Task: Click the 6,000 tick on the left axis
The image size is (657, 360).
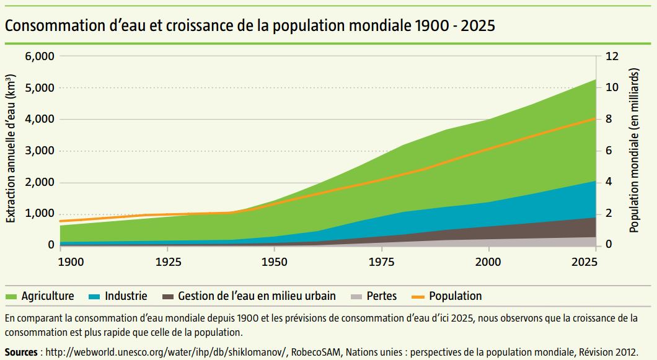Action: click(x=40, y=56)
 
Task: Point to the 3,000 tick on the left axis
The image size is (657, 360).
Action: click(x=40, y=151)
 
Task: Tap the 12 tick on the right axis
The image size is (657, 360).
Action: click(x=612, y=56)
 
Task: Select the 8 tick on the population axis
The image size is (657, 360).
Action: click(x=609, y=119)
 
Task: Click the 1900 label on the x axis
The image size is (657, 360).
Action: click(x=71, y=262)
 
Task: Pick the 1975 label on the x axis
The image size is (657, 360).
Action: click(x=382, y=262)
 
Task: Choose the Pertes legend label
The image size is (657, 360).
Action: click(x=382, y=296)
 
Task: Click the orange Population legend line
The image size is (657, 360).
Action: click(x=418, y=296)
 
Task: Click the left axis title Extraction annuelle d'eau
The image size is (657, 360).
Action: click(x=11, y=149)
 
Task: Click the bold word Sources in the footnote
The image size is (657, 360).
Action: click(x=21, y=351)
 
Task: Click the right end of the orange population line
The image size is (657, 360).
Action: click(x=596, y=118)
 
